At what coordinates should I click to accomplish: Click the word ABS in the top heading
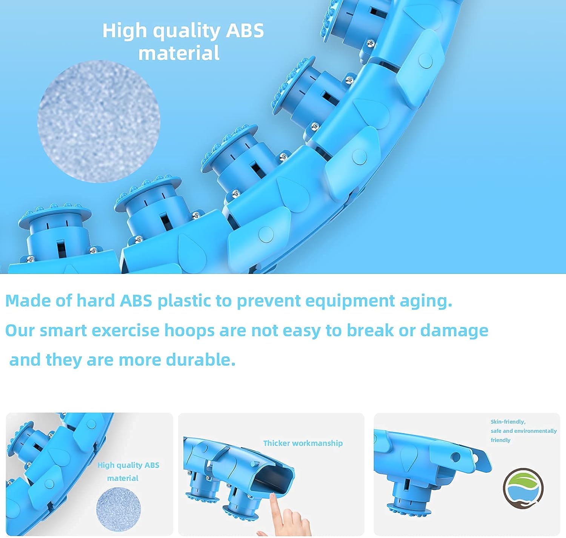click(245, 30)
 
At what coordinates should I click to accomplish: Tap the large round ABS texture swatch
click(99, 121)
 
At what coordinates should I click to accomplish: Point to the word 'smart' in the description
click(63, 330)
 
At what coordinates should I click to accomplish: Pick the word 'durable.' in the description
click(201, 360)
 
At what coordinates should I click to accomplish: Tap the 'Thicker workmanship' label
click(303, 443)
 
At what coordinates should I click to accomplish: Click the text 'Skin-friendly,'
click(508, 422)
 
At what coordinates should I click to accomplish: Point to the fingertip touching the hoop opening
click(272, 495)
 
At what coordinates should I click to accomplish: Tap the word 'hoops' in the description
click(189, 331)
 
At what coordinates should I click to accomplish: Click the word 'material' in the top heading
click(179, 53)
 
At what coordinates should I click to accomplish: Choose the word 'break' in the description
click(370, 330)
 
